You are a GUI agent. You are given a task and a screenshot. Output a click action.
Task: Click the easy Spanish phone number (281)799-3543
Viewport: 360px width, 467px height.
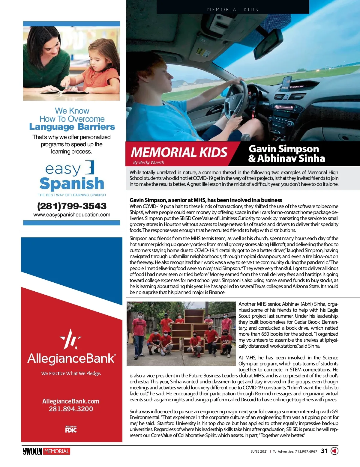[72, 206]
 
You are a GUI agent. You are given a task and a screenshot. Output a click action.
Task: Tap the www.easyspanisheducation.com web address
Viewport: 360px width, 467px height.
[72, 215]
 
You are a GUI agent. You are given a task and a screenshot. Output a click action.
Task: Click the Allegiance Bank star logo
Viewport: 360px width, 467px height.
[71, 339]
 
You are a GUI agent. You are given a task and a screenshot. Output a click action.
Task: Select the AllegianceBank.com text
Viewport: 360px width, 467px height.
[71, 401]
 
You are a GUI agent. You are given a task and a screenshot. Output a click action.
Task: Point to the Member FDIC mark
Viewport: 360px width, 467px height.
[71, 429]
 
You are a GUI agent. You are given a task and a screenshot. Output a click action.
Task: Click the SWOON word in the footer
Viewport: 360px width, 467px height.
[32, 451]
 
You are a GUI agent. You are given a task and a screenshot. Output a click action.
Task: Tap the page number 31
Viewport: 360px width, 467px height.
[324, 451]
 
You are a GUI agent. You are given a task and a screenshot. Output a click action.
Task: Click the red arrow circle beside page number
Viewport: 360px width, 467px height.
[334, 451]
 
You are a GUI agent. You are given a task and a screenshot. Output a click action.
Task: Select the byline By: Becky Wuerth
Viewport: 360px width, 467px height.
[149, 162]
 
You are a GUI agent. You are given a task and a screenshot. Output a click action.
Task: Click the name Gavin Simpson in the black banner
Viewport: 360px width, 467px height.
[284, 149]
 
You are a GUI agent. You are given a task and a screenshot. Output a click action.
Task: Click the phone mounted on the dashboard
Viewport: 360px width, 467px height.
[286, 84]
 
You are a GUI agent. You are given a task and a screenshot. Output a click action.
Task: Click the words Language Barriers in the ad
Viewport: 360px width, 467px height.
[72, 127]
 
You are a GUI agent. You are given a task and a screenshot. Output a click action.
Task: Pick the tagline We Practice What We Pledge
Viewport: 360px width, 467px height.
[71, 373]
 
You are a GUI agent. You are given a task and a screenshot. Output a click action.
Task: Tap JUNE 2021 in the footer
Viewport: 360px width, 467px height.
[259, 451]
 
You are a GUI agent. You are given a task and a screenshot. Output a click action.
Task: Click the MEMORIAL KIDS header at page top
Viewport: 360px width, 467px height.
[233, 10]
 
